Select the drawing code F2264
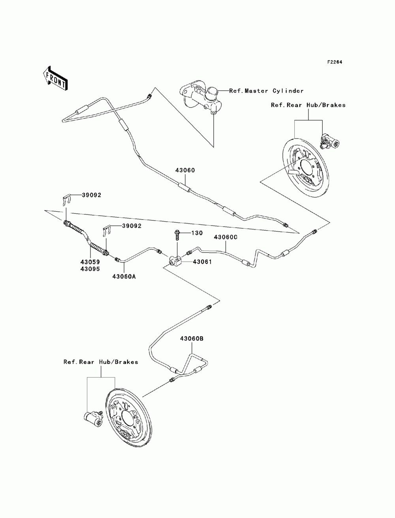pos(334,62)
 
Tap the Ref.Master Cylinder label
pos(266,91)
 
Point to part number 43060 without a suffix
pos(185,170)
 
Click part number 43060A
pos(124,277)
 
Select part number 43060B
pos(192,339)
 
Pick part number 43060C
pos(226,237)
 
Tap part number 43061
pos(202,262)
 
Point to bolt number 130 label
pos(197,233)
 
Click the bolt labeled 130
pos(177,234)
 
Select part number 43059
pos(90,262)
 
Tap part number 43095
pos(90,269)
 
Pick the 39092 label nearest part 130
pos(132,226)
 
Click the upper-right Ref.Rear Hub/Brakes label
pos(308,105)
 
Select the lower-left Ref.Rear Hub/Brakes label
pos(101,362)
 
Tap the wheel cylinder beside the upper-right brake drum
pos(329,141)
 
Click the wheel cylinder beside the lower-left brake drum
pos(94,419)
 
